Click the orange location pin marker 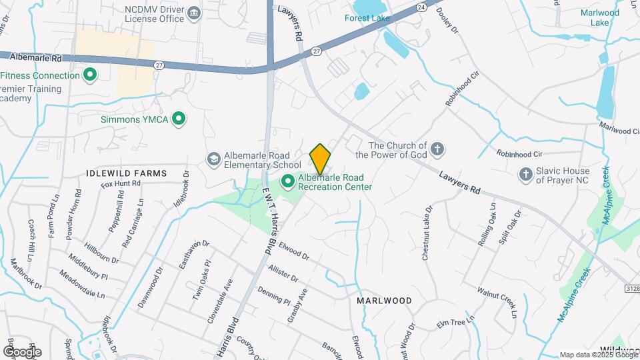[320, 158]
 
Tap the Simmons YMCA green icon [178, 119]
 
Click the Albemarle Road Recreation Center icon [288, 181]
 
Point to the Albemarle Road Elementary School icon [213, 158]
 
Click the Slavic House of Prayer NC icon [525, 174]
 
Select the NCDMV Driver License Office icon [194, 13]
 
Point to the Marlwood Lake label [599, 17]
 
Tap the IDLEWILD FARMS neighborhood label [126, 173]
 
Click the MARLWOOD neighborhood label [384, 301]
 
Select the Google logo [22, 351]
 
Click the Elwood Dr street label [294, 251]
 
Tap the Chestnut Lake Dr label [427, 233]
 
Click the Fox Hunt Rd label [121, 183]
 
